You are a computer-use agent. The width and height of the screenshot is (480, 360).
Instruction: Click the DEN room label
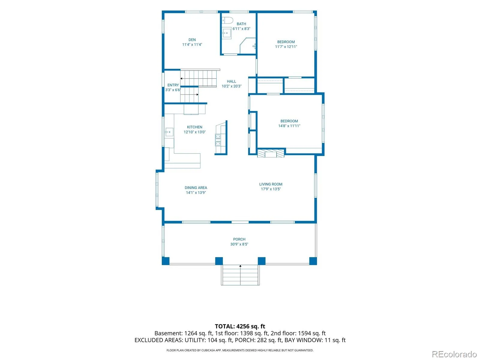pyautogui.click(x=192, y=40)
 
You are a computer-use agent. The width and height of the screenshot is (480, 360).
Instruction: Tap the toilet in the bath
pyautogui.click(x=227, y=20)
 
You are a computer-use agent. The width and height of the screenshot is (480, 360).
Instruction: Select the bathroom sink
pyautogui.click(x=227, y=33)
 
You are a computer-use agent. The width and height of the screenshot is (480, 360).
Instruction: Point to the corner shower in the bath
pyautogui.click(x=248, y=46)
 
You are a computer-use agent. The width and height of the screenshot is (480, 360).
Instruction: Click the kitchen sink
pyautogui.click(x=169, y=132)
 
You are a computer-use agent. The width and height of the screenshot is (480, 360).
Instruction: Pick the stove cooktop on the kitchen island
pyautogui.click(x=218, y=140)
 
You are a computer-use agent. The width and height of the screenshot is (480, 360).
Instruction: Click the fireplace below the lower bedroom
pyautogui.click(x=271, y=153)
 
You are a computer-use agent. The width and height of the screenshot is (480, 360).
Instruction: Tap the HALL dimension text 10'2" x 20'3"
pyautogui.click(x=231, y=86)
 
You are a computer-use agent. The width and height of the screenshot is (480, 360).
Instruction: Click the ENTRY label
pyautogui.click(x=173, y=85)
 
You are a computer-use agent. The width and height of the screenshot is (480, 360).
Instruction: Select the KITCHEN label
pyautogui.click(x=194, y=127)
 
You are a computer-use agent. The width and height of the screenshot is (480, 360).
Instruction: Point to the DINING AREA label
pyautogui.click(x=196, y=187)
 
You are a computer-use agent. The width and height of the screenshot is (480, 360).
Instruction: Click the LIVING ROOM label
pyautogui.click(x=271, y=184)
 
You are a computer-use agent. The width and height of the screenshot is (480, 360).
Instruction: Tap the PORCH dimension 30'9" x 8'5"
pyautogui.click(x=239, y=244)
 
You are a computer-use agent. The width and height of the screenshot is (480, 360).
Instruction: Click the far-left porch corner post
pyautogui.click(x=166, y=261)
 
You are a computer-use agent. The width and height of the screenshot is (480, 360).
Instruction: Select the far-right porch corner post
pyautogui.click(x=313, y=261)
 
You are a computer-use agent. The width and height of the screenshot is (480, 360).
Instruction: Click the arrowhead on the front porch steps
pyautogui.click(x=240, y=266)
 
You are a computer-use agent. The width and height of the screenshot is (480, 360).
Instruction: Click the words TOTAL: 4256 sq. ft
pyautogui.click(x=240, y=326)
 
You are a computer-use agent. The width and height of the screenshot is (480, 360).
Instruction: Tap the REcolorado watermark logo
pyautogui.click(x=454, y=354)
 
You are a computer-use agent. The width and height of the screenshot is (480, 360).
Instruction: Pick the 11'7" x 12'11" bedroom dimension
pyautogui.click(x=286, y=46)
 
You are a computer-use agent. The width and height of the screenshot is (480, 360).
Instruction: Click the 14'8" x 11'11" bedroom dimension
pyautogui.click(x=289, y=126)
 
